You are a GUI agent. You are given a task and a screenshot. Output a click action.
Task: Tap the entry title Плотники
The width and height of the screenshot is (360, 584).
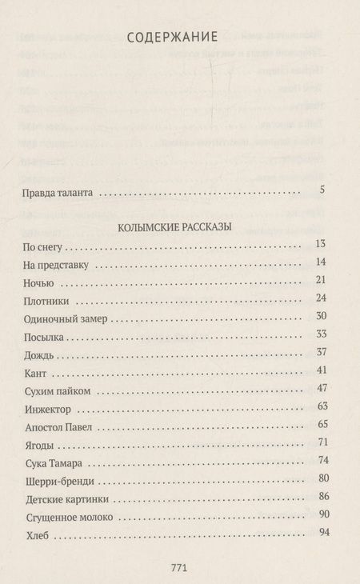tap(40, 301)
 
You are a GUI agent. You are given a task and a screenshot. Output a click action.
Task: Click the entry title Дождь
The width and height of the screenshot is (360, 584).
tap(32, 355)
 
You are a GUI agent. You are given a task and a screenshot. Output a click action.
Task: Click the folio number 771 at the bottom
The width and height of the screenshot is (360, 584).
tap(179, 567)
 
